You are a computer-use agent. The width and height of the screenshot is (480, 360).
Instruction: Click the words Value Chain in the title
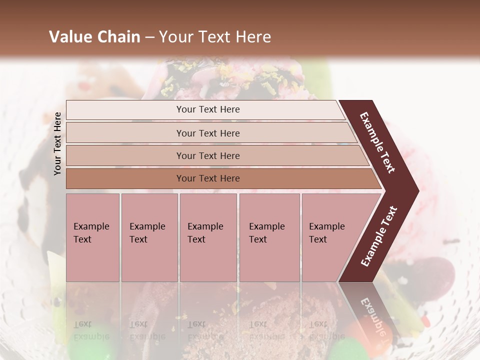94,37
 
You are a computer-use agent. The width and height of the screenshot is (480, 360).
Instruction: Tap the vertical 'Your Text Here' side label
57,143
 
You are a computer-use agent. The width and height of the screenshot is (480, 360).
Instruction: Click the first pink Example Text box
92,237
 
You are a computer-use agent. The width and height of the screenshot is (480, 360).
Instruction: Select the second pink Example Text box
149,237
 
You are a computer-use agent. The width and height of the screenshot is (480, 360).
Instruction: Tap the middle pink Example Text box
208,237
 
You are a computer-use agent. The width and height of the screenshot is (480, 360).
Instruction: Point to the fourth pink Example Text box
269,237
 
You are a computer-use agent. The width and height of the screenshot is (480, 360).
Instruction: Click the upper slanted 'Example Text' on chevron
377,142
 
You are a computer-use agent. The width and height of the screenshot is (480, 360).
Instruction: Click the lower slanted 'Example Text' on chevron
379,236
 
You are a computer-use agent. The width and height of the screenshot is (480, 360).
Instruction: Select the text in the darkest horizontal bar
208,178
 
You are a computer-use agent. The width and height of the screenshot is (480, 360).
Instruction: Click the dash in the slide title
149,37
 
